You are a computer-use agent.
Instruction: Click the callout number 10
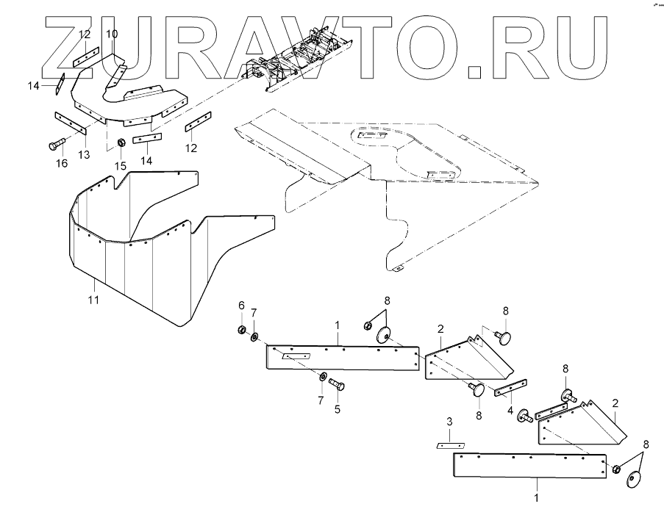tap(111, 35)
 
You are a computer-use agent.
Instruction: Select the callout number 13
tap(84, 154)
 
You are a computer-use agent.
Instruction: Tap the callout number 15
tap(121, 167)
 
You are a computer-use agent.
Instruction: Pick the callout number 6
tap(240, 305)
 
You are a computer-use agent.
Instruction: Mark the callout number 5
tap(338, 410)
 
